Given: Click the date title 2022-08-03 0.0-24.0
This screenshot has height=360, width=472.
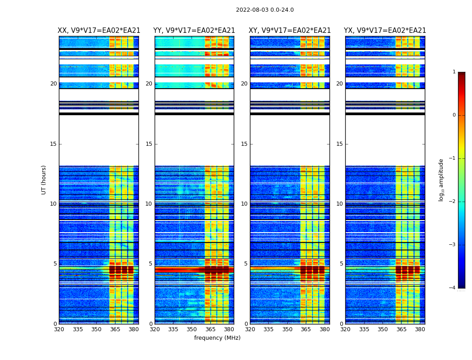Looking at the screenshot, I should tap(265, 10).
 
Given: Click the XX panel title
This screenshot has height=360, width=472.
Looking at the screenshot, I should tap(99, 31).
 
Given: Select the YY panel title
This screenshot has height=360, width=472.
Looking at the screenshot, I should tap(194, 31).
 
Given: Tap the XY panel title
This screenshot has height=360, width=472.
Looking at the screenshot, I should tap(290, 31).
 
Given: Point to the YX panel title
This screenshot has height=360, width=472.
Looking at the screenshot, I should tap(385, 31).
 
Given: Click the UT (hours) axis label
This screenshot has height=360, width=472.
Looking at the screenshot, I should tap(44, 180).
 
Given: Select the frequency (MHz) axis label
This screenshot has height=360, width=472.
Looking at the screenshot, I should tap(217, 338).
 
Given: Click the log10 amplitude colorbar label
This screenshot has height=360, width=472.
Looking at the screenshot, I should tap(441, 180).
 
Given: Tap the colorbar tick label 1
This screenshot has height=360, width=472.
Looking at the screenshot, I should tap(454, 72).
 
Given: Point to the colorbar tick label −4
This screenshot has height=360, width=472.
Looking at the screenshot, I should tap(453, 288).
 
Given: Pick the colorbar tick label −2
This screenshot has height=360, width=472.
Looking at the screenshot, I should tap(453, 202).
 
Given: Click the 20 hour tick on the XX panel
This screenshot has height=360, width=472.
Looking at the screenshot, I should tap(53, 84).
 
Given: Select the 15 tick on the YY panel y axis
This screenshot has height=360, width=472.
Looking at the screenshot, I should tap(149, 144).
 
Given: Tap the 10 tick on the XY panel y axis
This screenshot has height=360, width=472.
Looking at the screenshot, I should tap(244, 204).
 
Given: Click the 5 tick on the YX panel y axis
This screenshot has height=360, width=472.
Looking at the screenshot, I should tap(341, 264).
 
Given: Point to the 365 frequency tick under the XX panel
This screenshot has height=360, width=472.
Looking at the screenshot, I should tap(115, 329).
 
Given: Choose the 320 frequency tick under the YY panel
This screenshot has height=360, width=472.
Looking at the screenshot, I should tap(155, 329).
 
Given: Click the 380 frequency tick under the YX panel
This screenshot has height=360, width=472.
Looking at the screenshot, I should tap(420, 329).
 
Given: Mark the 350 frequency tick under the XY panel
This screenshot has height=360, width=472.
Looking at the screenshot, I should tap(287, 329).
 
